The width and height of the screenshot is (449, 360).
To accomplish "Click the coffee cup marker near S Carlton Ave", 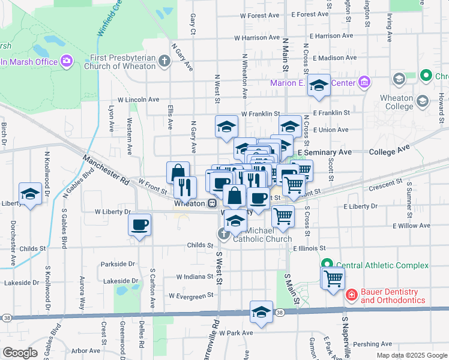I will (x=140, y=226).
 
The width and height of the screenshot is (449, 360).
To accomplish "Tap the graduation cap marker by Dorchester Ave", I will (x=29, y=193).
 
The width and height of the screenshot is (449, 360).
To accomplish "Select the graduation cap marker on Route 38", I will (x=261, y=312).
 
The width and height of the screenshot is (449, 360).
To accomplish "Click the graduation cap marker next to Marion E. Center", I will (x=319, y=85).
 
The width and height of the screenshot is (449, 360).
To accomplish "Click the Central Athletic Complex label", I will (x=382, y=265).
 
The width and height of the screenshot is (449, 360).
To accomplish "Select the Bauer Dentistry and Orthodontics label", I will (x=393, y=296).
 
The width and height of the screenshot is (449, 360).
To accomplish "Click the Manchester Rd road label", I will (x=107, y=170).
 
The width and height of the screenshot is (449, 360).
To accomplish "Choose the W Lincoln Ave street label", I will (x=138, y=100).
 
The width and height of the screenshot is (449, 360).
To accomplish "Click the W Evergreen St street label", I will (x=191, y=296).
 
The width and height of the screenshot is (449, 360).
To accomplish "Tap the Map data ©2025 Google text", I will (x=411, y=355).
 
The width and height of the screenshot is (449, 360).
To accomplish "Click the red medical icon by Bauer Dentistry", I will (x=351, y=295).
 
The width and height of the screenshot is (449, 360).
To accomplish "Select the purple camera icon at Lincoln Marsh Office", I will (x=65, y=61).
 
